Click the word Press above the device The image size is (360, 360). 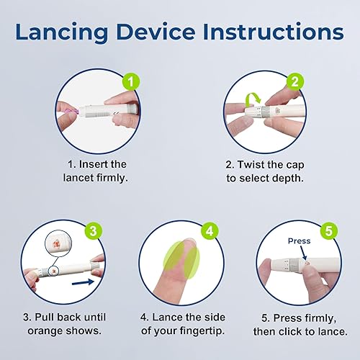(299, 242)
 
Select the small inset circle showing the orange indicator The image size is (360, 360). (55, 243)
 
